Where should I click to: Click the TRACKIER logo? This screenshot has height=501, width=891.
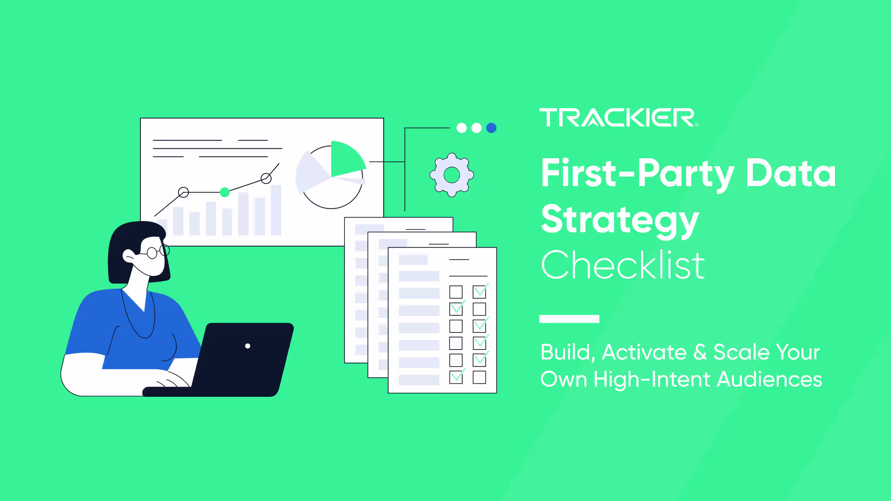pyautogui.click(x=617, y=118)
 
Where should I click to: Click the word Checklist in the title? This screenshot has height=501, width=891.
pyautogui.click(x=623, y=265)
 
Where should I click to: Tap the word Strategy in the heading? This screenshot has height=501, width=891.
pyautogui.click(x=620, y=220)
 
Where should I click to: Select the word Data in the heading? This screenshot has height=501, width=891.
pyautogui.click(x=791, y=173)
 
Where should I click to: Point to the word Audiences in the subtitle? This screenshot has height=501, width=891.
pyautogui.click(x=769, y=379)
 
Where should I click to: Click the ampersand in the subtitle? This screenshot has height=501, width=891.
pyautogui.click(x=700, y=352)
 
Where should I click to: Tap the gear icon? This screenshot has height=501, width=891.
pyautogui.click(x=451, y=175)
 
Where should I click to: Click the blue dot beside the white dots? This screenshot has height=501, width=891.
pyautogui.click(x=491, y=128)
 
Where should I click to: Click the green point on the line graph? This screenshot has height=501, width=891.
pyautogui.click(x=225, y=192)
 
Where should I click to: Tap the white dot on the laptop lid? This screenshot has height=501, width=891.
pyautogui.click(x=247, y=346)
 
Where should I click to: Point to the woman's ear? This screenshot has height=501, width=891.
pyautogui.click(x=128, y=255)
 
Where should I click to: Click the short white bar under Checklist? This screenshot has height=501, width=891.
pyautogui.click(x=569, y=319)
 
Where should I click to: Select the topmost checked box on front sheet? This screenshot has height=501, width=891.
pyautogui.click(x=479, y=292)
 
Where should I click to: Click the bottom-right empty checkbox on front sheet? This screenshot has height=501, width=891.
pyautogui.click(x=479, y=377)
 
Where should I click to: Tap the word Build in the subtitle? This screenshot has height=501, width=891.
pyautogui.click(x=566, y=352)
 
